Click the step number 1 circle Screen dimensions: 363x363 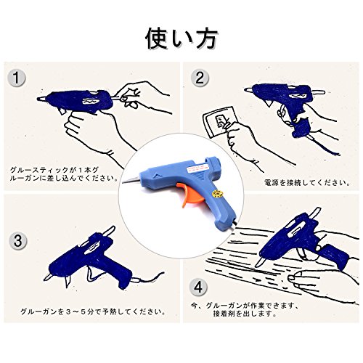[16, 78]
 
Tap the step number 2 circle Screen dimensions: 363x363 [200, 78]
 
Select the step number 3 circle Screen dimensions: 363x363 [18, 240]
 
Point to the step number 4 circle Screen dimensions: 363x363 [198, 287]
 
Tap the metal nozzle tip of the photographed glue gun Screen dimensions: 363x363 [131, 179]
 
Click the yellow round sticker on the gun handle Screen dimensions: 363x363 [216, 194]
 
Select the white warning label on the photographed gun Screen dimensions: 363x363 [197, 168]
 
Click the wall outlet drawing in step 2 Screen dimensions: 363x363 [216, 122]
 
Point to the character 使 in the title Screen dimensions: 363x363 [156, 38]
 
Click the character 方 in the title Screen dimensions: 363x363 [205, 38]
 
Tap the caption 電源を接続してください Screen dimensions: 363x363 [307, 182]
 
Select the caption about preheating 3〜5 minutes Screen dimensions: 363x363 [93, 311]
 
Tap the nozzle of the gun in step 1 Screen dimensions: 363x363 [41, 99]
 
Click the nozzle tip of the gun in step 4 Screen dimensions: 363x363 [257, 264]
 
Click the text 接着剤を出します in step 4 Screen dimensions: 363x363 [245, 314]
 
